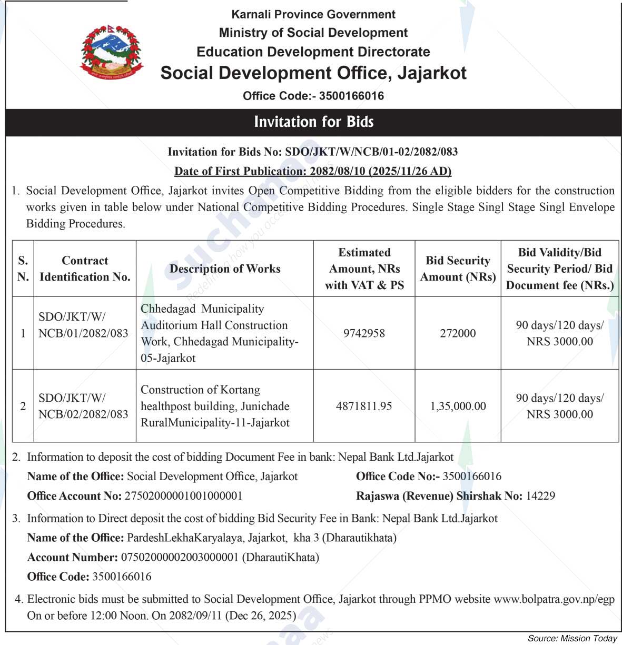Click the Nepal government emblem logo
pyautogui.click(x=111, y=53)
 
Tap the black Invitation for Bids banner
pyautogui.click(x=313, y=122)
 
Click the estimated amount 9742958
pyautogui.click(x=364, y=333)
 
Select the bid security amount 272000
pyautogui.click(x=458, y=333)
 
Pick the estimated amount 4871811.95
pyautogui.click(x=364, y=406)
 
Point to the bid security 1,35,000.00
pyautogui.click(x=458, y=406)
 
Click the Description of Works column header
pyautogui.click(x=225, y=269)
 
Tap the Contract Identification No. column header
pyautogui.click(x=85, y=269)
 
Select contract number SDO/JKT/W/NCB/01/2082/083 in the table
pyautogui.click(x=83, y=325)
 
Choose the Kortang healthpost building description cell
pyautogui.click(x=215, y=406)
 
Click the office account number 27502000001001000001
pyautogui.click(x=183, y=496)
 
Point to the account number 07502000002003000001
pyautogui.click(x=180, y=557)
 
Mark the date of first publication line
pyautogui.click(x=313, y=171)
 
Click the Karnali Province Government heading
pyautogui.click(x=313, y=14)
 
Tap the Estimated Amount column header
pyautogui.click(x=364, y=269)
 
